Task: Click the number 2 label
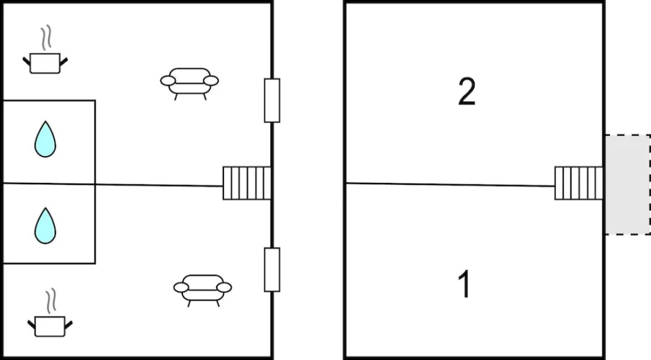(467, 91)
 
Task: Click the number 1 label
(464, 284)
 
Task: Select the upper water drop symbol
(45, 139)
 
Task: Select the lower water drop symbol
(45, 225)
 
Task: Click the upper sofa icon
(189, 84)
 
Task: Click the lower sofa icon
(202, 290)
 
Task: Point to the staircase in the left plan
(247, 183)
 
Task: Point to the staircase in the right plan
(579, 183)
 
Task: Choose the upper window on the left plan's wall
(272, 101)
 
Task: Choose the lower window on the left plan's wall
(272, 270)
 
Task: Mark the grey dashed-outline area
(627, 184)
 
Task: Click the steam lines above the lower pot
(51, 301)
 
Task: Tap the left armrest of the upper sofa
(168, 81)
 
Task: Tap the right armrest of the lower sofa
(224, 287)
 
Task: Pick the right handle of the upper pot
(64, 62)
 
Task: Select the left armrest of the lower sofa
(181, 287)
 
